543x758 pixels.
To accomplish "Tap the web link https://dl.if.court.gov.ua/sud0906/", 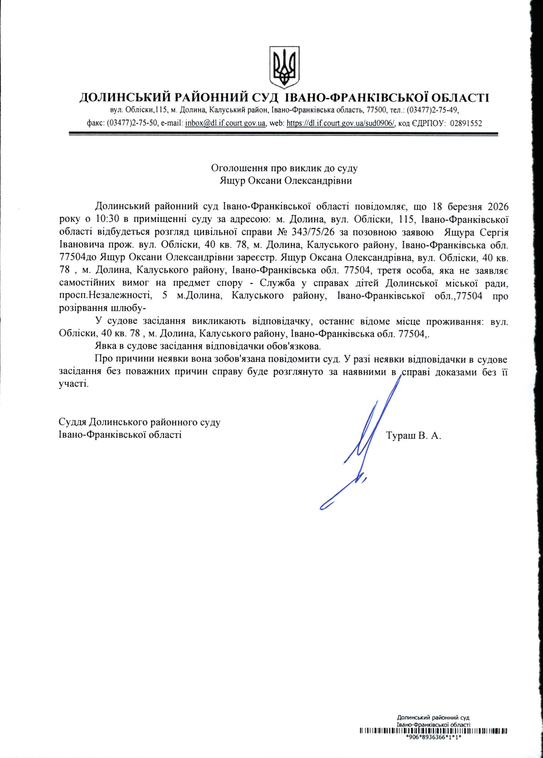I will (x=341, y=123).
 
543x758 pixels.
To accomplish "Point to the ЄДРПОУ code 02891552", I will (x=466, y=123).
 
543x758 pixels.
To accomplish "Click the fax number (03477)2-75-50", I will (x=132, y=123).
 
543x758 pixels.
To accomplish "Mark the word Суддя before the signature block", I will (x=72, y=422).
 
